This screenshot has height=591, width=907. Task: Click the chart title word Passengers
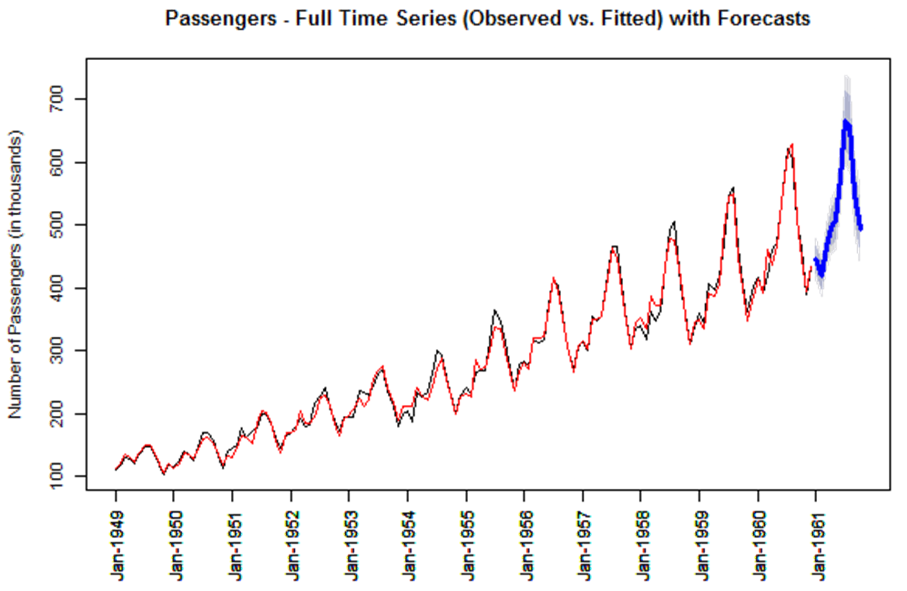click(220, 19)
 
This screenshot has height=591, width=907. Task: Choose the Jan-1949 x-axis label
click(118, 546)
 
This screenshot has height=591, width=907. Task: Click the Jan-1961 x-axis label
click(818, 546)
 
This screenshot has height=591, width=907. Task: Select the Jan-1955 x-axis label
click(467, 546)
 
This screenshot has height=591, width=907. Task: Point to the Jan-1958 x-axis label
click(642, 546)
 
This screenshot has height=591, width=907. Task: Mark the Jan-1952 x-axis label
click(292, 546)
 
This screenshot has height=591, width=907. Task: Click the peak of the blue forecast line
click(845, 121)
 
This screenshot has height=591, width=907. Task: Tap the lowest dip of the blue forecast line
click(821, 276)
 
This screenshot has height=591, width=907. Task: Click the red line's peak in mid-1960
click(792, 144)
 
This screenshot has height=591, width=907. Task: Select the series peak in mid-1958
click(674, 222)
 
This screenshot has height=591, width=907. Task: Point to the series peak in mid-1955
click(495, 310)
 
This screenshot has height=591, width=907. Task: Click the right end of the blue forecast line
click(861, 229)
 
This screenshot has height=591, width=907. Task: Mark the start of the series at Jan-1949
click(116, 469)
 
